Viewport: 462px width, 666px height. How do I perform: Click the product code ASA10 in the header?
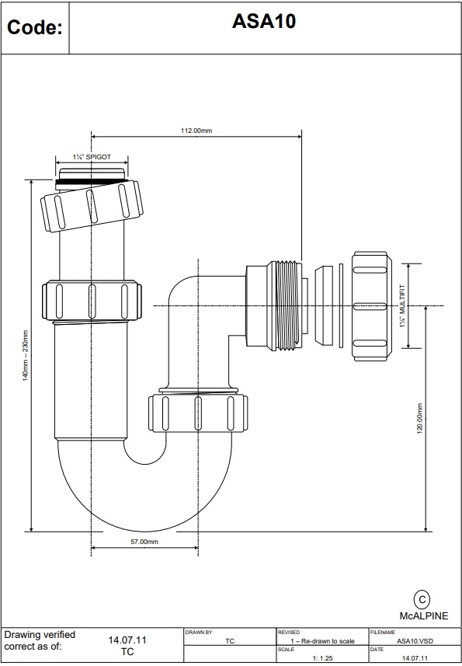pyautogui.click(x=263, y=23)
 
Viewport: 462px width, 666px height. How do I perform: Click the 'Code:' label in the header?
pyautogui.click(x=34, y=28)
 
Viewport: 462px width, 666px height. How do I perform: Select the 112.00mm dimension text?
pyautogui.click(x=196, y=131)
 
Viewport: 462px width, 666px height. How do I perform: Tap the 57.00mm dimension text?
pyautogui.click(x=144, y=542)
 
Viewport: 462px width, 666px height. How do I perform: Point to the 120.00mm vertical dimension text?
pyautogui.click(x=420, y=420)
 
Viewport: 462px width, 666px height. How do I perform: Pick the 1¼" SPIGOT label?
pyautogui.click(x=92, y=157)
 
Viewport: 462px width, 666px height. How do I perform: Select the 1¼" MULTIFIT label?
pyautogui.click(x=403, y=305)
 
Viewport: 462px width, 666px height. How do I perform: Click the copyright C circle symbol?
pyautogui.click(x=422, y=599)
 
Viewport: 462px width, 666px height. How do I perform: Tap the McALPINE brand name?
pyautogui.click(x=423, y=615)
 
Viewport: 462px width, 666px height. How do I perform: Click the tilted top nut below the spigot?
pyautogui.click(x=92, y=204)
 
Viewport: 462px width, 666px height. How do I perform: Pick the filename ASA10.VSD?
pyautogui.click(x=415, y=641)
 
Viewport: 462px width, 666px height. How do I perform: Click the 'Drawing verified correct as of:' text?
pyautogui.click(x=40, y=640)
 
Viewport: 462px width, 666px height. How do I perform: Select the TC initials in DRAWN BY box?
pyautogui.click(x=230, y=641)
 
